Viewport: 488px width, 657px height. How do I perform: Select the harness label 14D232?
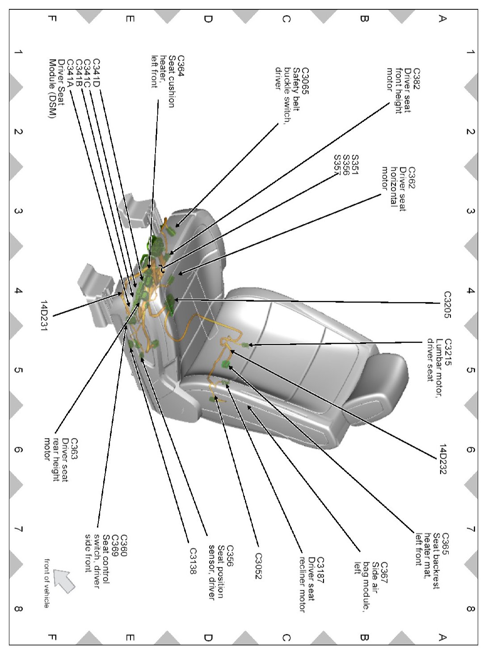tap(442, 459)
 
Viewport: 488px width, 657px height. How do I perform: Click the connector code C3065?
tap(305, 81)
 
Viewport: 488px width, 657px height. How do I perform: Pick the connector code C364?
tap(181, 66)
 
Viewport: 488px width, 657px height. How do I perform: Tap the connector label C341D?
tap(97, 73)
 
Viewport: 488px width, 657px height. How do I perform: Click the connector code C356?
tap(230, 556)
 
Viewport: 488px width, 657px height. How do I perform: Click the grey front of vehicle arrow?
tap(64, 582)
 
